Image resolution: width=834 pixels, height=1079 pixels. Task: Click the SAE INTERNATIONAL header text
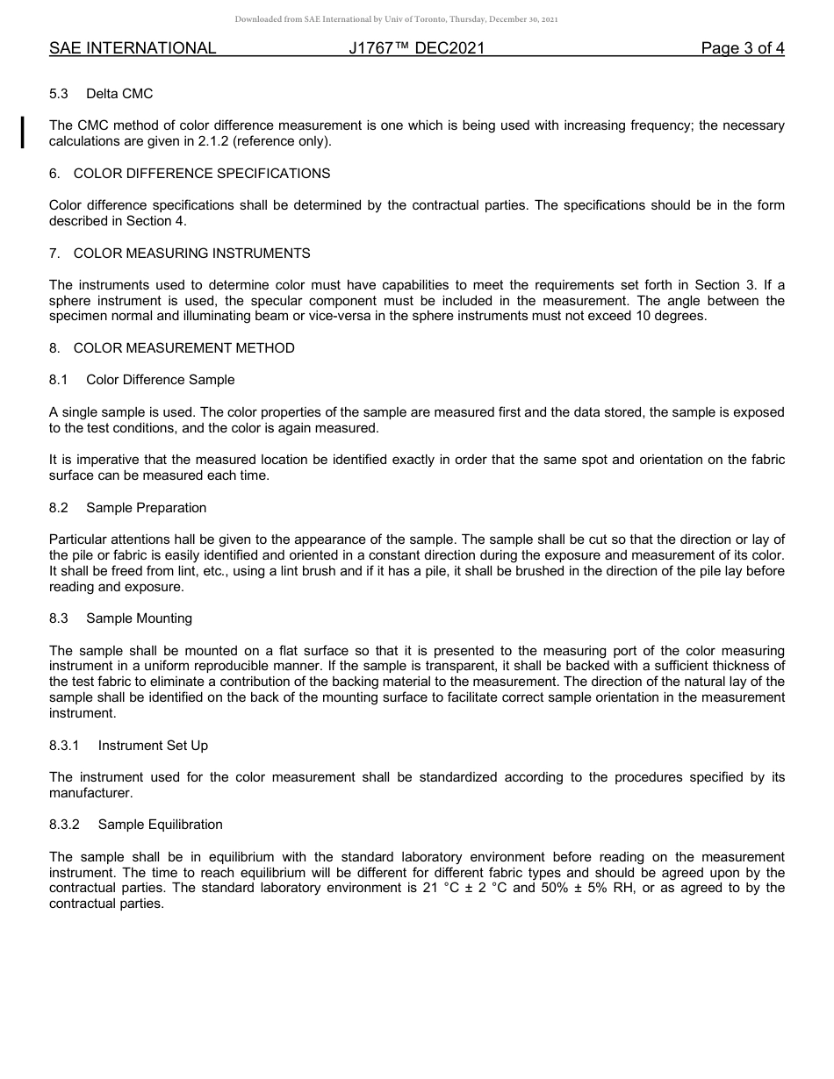click(133, 48)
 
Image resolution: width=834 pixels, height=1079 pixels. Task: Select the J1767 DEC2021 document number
click(416, 48)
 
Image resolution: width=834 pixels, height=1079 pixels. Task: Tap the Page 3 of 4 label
click(743, 48)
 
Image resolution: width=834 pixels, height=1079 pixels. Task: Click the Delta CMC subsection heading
click(119, 94)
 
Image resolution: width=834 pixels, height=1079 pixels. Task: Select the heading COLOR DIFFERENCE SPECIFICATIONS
click(202, 174)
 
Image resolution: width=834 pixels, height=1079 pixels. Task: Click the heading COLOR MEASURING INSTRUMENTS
click(191, 254)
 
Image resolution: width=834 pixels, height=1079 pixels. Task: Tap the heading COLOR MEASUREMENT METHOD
click(183, 348)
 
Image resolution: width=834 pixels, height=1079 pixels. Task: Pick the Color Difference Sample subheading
click(160, 380)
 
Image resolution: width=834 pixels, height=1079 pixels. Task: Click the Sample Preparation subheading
click(146, 508)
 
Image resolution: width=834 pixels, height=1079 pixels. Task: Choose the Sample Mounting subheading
click(139, 618)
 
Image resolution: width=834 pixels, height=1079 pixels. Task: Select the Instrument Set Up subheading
click(153, 746)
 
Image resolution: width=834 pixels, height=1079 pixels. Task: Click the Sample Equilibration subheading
click(160, 825)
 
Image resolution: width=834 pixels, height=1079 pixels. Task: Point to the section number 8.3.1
click(64, 746)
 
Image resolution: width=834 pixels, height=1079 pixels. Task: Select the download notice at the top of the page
click(396, 19)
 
